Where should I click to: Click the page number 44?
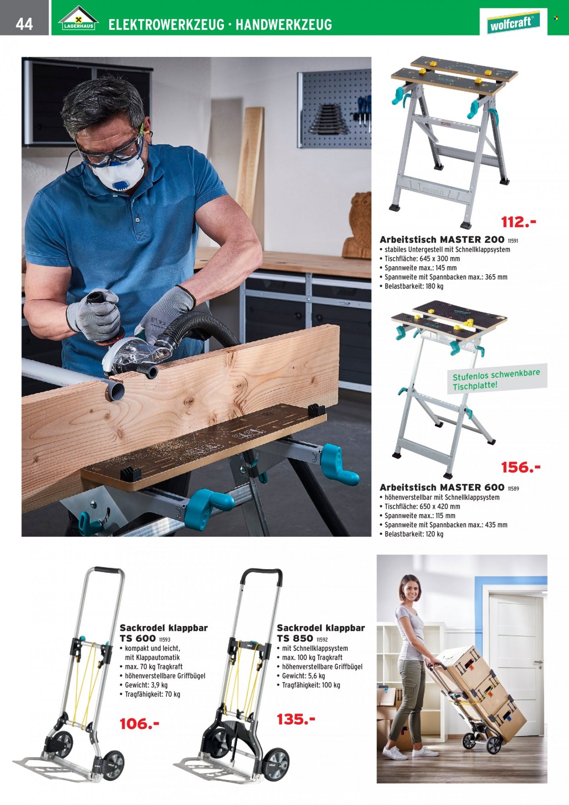pyautogui.click(x=24, y=24)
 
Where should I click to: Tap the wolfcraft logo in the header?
pyautogui.click(x=513, y=22)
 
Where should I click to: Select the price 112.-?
pyautogui.click(x=518, y=222)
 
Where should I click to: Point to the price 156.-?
pyautogui.click(x=520, y=467)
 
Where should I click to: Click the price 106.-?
pyautogui.click(x=139, y=723)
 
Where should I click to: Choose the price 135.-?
pyautogui.click(x=296, y=719)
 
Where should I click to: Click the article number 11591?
pyautogui.click(x=513, y=240)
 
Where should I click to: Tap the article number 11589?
pyautogui.click(x=513, y=489)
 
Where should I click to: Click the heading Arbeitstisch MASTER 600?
pyautogui.click(x=442, y=487)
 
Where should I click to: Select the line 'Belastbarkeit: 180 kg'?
pyautogui.click(x=412, y=286)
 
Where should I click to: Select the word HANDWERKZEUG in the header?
pyautogui.click(x=284, y=25)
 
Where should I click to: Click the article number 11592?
pyautogui.click(x=322, y=640)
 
